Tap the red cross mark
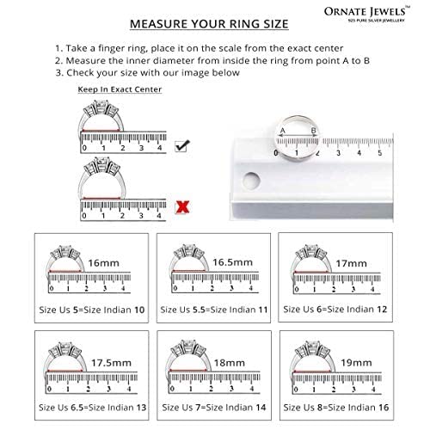click(x=182, y=206)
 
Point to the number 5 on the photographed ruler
click(x=380, y=152)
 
